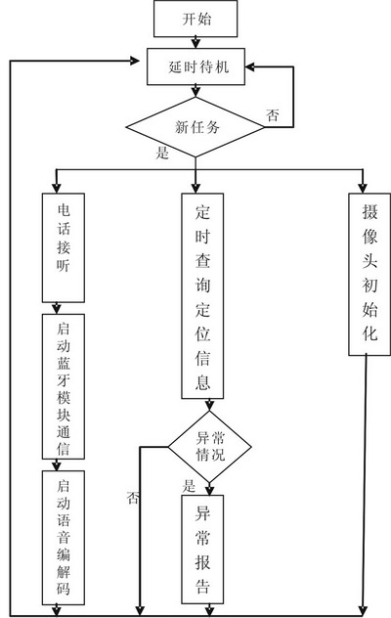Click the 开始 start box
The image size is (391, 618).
pos(196,18)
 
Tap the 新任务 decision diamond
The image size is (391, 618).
pos(196,126)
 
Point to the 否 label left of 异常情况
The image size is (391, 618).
pos(132,499)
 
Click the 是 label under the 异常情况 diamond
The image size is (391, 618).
pos(189,486)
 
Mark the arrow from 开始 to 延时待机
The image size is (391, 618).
pos(196,41)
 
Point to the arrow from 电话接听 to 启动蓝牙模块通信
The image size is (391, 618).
pos(62,307)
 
